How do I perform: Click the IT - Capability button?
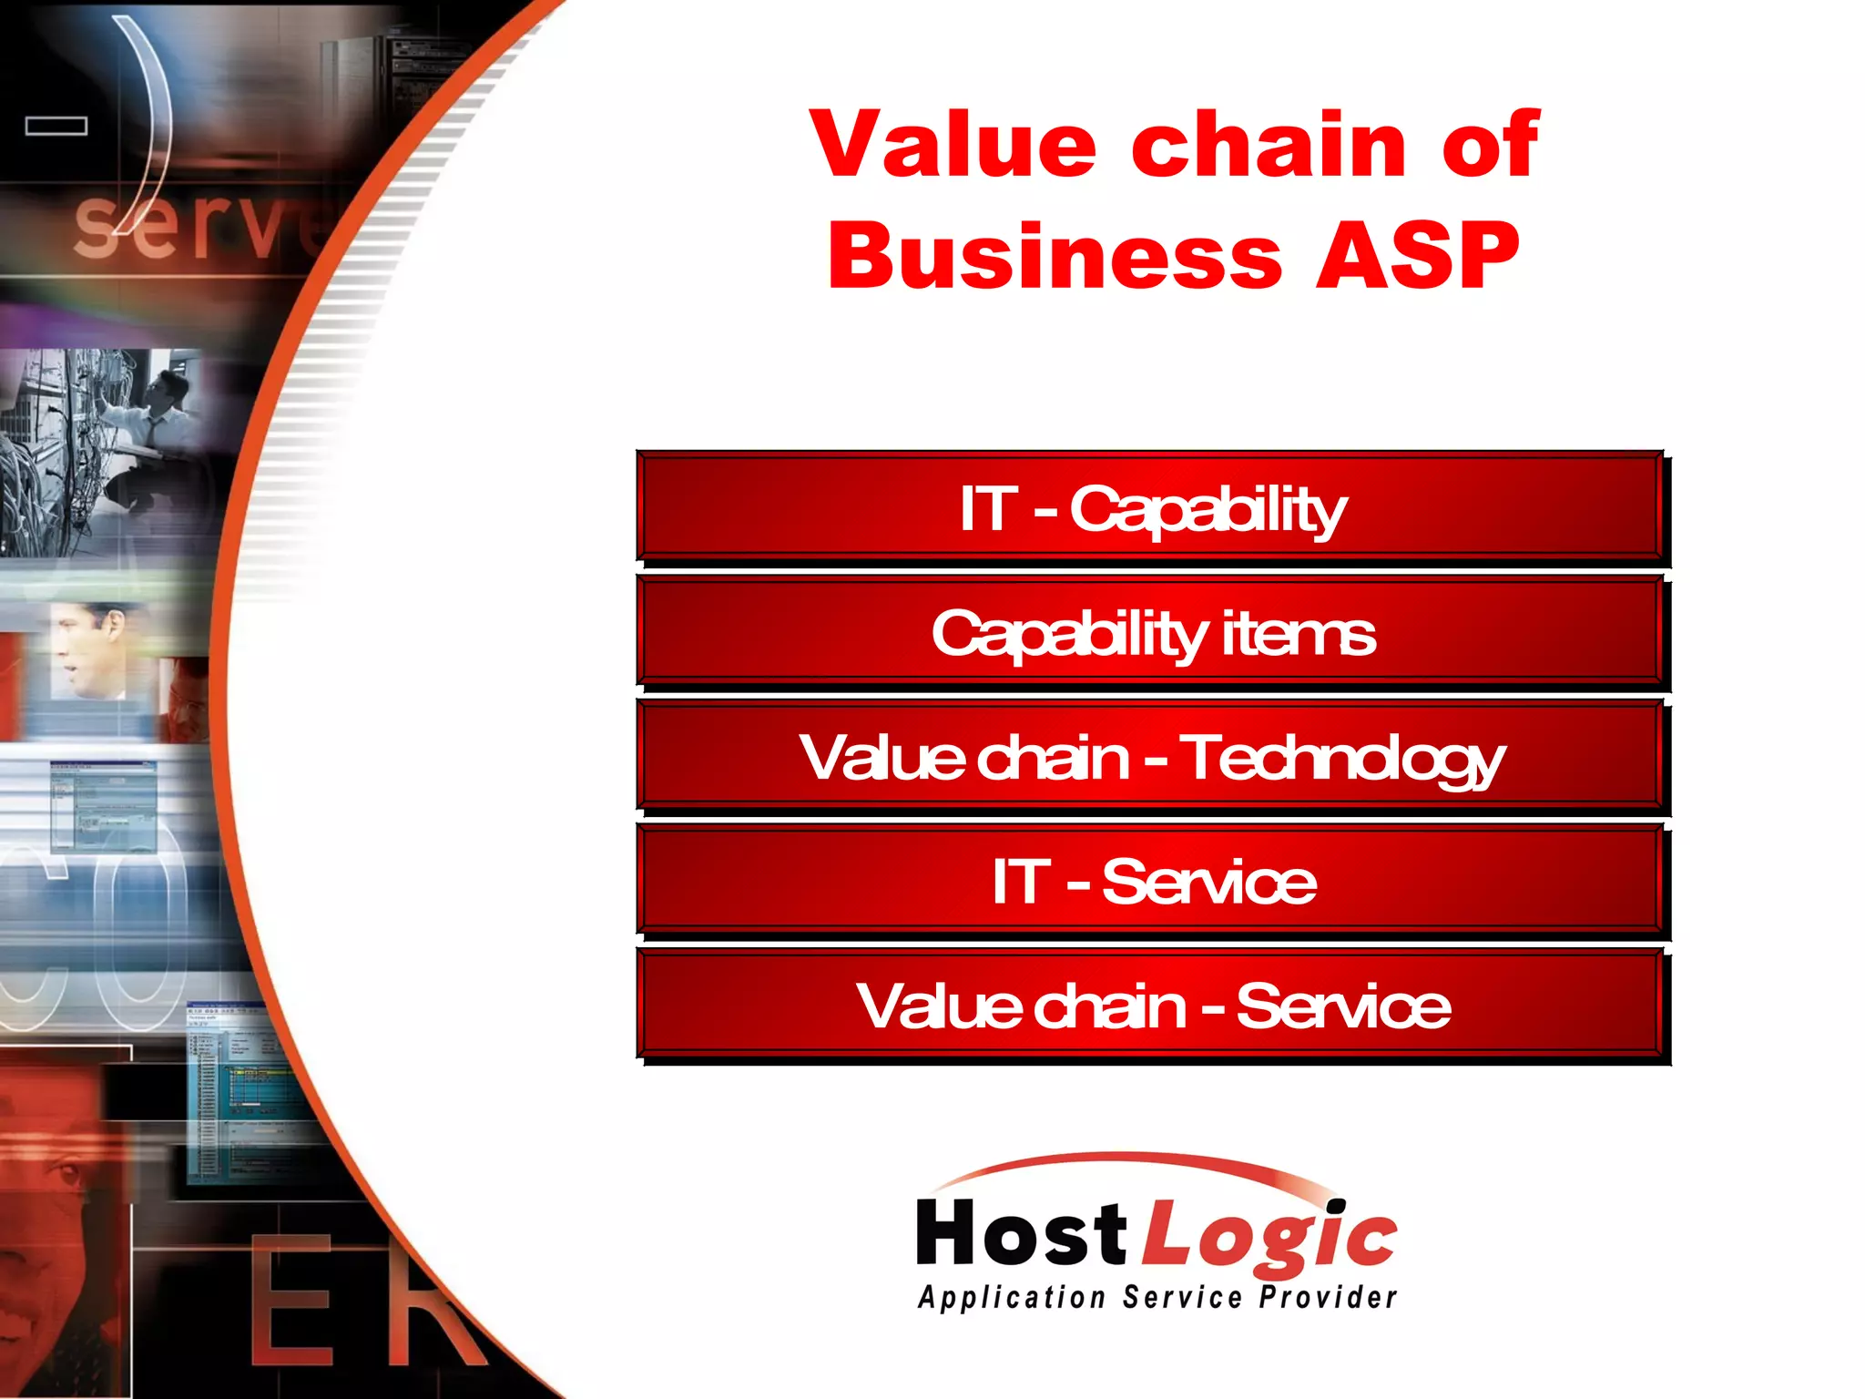click(1152, 507)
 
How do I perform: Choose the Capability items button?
click(1152, 632)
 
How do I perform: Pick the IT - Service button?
click(1152, 881)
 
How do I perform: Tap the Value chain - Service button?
click(1152, 1006)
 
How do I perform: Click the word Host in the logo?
click(1022, 1233)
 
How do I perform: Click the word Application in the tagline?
click(1011, 1297)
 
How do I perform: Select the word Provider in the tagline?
click(1328, 1297)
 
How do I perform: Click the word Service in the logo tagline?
click(1182, 1297)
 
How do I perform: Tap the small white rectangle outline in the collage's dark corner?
click(56, 126)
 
